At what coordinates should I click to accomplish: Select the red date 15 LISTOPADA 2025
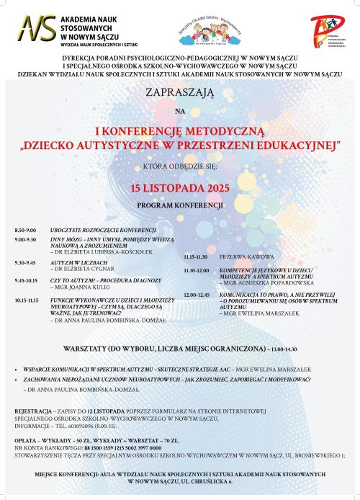pyautogui.click(x=179, y=187)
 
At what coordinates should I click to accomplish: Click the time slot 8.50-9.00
pyautogui.click(x=24, y=229)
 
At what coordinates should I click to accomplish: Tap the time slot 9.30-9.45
pyautogui.click(x=24, y=262)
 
